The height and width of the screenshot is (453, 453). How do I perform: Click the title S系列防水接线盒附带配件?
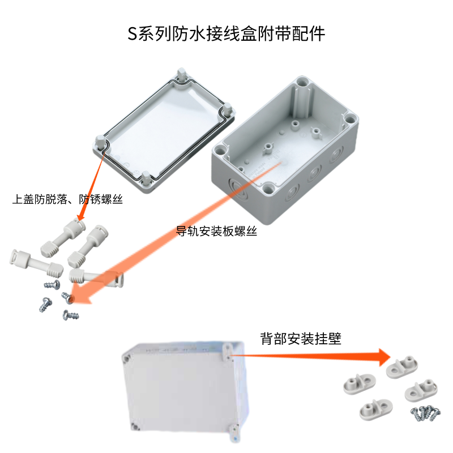[226, 34]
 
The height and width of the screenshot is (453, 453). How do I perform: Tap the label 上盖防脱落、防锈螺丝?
[67, 199]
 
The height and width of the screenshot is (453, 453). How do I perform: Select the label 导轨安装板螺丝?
[217, 231]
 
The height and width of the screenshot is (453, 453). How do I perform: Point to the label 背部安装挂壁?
[301, 338]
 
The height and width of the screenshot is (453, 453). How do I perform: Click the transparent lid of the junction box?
[164, 130]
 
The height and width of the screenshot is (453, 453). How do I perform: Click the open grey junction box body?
[285, 150]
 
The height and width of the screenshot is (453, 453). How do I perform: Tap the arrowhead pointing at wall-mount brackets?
[385, 357]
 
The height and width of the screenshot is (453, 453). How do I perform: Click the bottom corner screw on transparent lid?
[146, 178]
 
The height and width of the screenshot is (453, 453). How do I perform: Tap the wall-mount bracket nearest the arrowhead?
[402, 367]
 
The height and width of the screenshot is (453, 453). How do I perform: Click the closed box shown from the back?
[185, 390]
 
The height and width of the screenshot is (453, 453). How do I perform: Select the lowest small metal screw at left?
[71, 315]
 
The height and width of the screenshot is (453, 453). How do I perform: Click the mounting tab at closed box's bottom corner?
[234, 433]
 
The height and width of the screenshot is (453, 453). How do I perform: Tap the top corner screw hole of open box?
[303, 83]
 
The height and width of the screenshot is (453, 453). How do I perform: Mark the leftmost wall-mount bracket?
[360, 384]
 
